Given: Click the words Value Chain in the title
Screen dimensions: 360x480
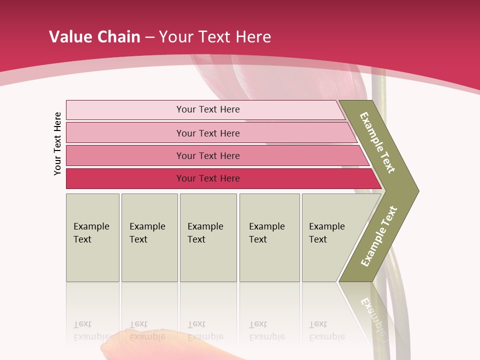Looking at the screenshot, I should pyautogui.click(x=94, y=37).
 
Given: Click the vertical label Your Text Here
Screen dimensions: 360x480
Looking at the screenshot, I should pyautogui.click(x=57, y=143).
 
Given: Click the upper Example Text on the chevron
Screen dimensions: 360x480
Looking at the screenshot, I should pyautogui.click(x=377, y=142).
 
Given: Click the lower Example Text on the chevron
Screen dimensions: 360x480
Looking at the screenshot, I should pyautogui.click(x=379, y=236).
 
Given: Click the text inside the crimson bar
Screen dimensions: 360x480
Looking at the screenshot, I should pyautogui.click(x=208, y=178).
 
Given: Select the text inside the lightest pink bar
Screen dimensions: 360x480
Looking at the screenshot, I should pyautogui.click(x=208, y=109).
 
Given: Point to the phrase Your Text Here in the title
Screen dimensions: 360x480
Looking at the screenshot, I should pyautogui.click(x=215, y=37).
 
